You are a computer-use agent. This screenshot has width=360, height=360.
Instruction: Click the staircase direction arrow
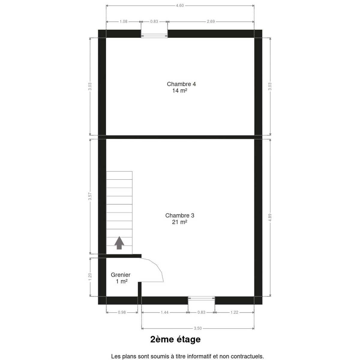pos(119,243)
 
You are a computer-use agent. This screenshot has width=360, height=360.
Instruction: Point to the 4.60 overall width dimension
pos(180,6)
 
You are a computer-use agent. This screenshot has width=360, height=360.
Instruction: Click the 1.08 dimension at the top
pos(124,22)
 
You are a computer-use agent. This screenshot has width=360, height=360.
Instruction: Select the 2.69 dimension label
pos(211,22)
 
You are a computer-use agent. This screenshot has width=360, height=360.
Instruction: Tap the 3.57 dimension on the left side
pos(90,196)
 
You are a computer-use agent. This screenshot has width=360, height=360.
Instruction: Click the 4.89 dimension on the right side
pos(270,217)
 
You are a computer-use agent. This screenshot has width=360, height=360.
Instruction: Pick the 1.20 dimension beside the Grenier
pos(90,277)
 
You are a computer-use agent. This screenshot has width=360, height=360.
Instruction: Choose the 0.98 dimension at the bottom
pos(122,312)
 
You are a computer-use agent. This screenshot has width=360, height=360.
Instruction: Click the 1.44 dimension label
pos(165,312)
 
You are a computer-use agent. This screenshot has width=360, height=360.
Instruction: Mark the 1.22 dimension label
pos(234,312)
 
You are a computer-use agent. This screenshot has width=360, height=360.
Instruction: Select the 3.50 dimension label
pos(198,328)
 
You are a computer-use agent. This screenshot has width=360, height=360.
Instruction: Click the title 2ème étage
pos(175,339)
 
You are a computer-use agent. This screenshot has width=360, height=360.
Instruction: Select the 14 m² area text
pos(180,91)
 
